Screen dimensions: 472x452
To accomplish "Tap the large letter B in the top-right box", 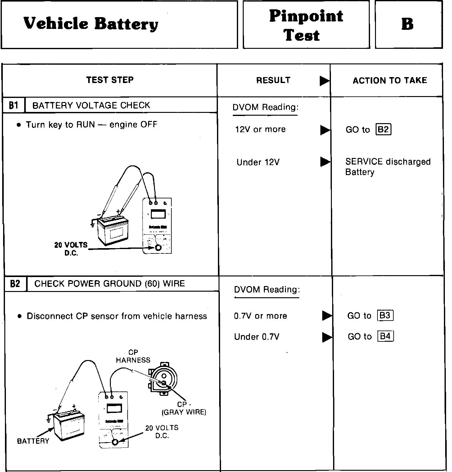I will coord(407,24).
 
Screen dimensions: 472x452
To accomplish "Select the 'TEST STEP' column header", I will coord(110,80).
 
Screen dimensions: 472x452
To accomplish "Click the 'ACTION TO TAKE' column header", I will coord(390,81).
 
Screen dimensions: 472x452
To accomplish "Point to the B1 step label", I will coord(13,105).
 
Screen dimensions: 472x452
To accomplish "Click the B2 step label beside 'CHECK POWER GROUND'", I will coord(15,284).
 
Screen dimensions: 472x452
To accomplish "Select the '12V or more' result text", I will coord(260,129).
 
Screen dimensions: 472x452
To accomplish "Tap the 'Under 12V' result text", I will coord(258,162).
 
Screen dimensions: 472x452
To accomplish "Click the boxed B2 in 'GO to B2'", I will coord(383,129).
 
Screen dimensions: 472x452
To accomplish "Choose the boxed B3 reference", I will coord(385,316).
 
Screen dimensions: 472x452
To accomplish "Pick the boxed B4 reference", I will coord(385,336).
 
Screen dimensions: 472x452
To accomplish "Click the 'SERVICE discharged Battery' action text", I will coord(387,167).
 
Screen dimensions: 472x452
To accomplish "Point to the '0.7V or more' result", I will coord(260,316).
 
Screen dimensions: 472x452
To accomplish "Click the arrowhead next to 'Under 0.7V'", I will coord(327,337).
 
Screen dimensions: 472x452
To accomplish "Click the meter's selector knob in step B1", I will coord(158,248).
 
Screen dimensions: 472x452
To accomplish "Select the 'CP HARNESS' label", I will coord(133,356).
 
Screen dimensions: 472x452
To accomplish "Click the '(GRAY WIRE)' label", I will coord(184,412).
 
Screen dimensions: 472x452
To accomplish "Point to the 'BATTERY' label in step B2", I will coord(33,441).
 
